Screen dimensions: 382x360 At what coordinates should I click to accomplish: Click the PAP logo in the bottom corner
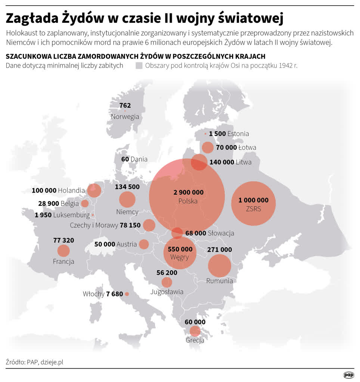(x=348, y=375)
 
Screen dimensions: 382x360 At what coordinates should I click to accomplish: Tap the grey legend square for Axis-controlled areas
(x=139, y=66)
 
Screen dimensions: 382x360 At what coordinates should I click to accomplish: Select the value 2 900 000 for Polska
(x=188, y=192)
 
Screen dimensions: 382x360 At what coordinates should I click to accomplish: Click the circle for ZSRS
(x=253, y=203)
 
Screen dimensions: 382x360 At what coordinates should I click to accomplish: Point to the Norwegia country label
(x=125, y=116)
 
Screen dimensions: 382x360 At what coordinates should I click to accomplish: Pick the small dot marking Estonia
(x=205, y=134)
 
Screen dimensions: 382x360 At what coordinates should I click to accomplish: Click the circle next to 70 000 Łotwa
(x=208, y=147)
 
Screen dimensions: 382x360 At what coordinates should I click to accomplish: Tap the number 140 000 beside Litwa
(x=222, y=162)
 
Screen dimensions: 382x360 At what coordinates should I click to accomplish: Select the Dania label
(x=139, y=159)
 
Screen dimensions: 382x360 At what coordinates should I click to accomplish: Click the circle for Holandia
(x=94, y=190)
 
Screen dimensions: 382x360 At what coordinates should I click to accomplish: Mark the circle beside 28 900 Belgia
(x=85, y=203)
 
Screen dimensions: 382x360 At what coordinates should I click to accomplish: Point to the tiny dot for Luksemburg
(x=93, y=215)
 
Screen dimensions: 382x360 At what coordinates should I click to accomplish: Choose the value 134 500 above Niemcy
(x=127, y=187)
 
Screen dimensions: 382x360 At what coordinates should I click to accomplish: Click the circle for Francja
(x=63, y=251)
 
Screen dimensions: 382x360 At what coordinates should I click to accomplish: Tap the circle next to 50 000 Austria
(x=143, y=244)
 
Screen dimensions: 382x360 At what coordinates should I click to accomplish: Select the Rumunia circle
(x=220, y=266)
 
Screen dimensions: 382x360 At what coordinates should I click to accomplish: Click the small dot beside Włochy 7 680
(x=127, y=294)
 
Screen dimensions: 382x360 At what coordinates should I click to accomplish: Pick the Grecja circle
(x=195, y=331)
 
